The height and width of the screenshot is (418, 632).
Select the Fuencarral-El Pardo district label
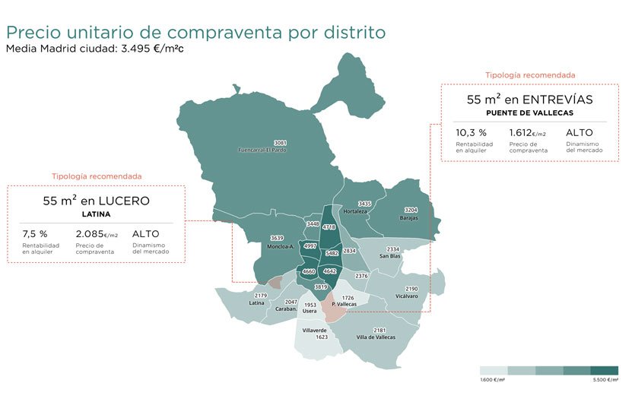(281, 150)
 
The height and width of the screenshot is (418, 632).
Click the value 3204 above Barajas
(411, 210)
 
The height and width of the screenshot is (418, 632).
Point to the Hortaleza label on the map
(357, 212)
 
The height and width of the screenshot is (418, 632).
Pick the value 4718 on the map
(329, 226)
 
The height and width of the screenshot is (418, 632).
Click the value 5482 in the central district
(332, 253)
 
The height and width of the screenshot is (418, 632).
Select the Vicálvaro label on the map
(407, 296)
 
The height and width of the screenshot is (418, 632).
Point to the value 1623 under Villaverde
(322, 337)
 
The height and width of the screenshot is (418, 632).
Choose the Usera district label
(310, 311)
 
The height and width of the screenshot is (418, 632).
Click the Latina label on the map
(257, 302)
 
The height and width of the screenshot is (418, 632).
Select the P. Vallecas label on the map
(344, 304)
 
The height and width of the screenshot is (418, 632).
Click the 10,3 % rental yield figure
(471, 132)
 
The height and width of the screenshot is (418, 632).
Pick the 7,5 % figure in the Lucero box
(35, 234)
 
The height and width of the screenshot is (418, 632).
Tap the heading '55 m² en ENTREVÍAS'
(529, 100)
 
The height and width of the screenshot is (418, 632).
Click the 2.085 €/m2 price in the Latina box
(96, 234)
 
